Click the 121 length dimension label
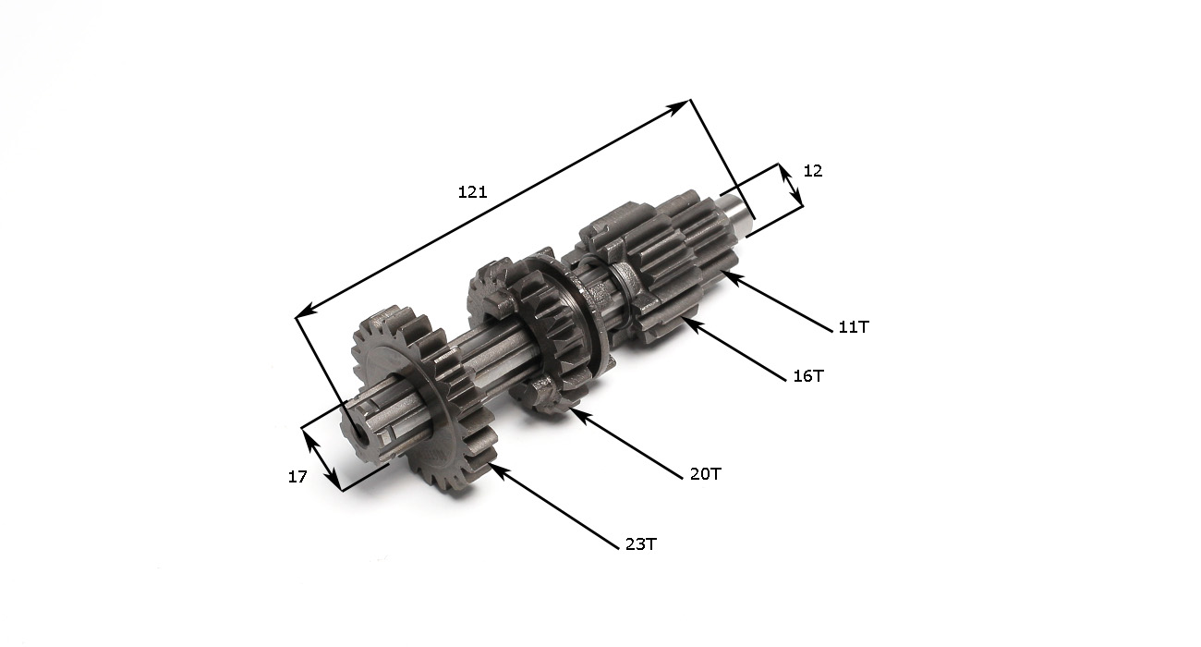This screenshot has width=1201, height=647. (472, 191)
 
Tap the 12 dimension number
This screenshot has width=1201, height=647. (813, 171)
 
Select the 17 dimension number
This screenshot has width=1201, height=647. (297, 476)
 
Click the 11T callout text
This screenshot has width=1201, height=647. (854, 326)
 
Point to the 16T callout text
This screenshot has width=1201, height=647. (808, 376)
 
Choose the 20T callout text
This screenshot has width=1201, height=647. (706, 474)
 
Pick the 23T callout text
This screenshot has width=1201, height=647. (641, 544)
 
